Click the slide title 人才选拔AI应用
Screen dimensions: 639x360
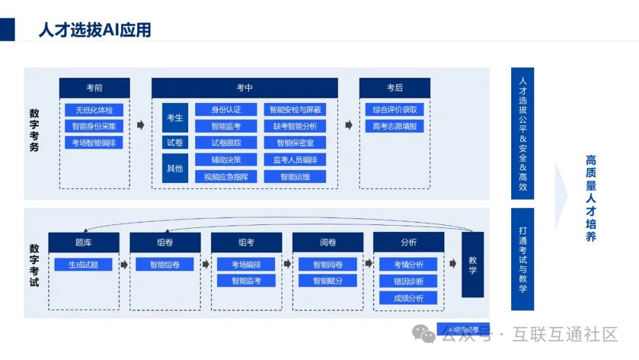95,29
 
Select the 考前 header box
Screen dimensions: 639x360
94,88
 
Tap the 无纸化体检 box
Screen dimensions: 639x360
94,110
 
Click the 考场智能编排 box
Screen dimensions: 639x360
94,143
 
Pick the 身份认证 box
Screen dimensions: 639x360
226,110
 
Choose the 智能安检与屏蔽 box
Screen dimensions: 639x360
295,110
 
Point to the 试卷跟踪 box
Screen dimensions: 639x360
226,143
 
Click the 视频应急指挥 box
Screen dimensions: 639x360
226,176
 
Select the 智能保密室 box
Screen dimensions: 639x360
295,143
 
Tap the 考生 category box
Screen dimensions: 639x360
175,118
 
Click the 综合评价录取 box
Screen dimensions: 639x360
394,110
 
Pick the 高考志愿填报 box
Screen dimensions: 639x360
394,126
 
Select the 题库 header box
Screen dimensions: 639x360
83,242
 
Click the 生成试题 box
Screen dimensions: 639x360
83,265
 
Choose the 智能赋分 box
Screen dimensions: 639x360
327,281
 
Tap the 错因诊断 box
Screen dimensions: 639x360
408,281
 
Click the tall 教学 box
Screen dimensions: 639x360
472,264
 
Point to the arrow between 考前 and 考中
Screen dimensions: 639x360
140,125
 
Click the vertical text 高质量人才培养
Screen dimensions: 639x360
590,198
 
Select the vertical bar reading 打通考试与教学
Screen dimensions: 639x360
522,259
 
